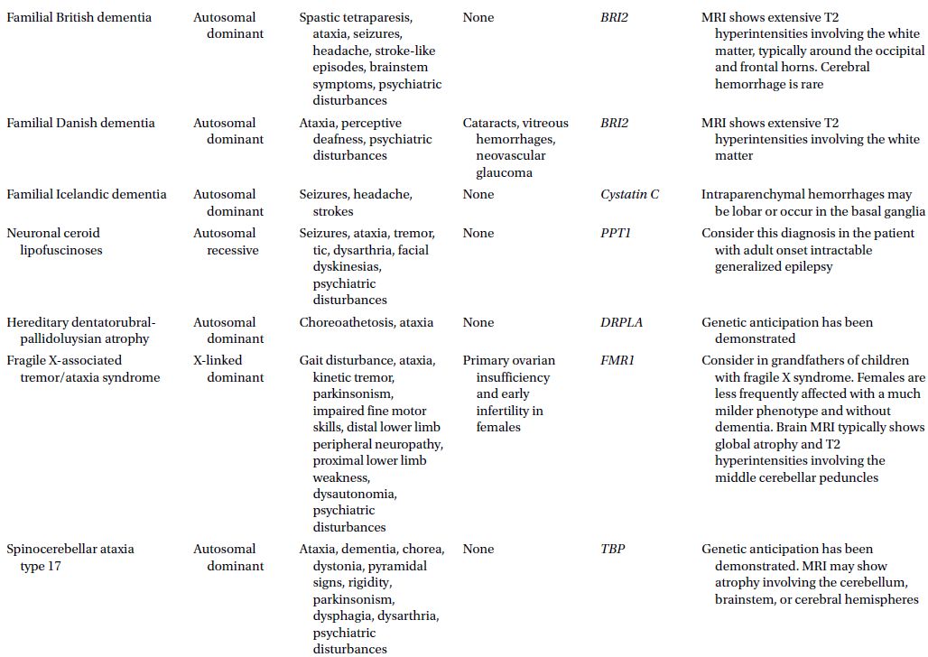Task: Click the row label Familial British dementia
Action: pyautogui.click(x=79, y=17)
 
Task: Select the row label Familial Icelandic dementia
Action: pyautogui.click(x=87, y=194)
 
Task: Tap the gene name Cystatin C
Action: pyautogui.click(x=629, y=194)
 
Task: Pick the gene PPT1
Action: pyautogui.click(x=616, y=233)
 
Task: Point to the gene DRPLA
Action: pyautogui.click(x=621, y=322)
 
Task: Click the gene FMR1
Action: pyautogui.click(x=617, y=360)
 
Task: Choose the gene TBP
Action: pyautogui.click(x=613, y=549)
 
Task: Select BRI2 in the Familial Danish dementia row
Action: pyautogui.click(x=615, y=123)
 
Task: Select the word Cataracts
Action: pyautogui.click(x=491, y=123)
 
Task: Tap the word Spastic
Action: pyautogui.click(x=321, y=17)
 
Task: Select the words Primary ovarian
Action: pyautogui.click(x=509, y=360)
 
